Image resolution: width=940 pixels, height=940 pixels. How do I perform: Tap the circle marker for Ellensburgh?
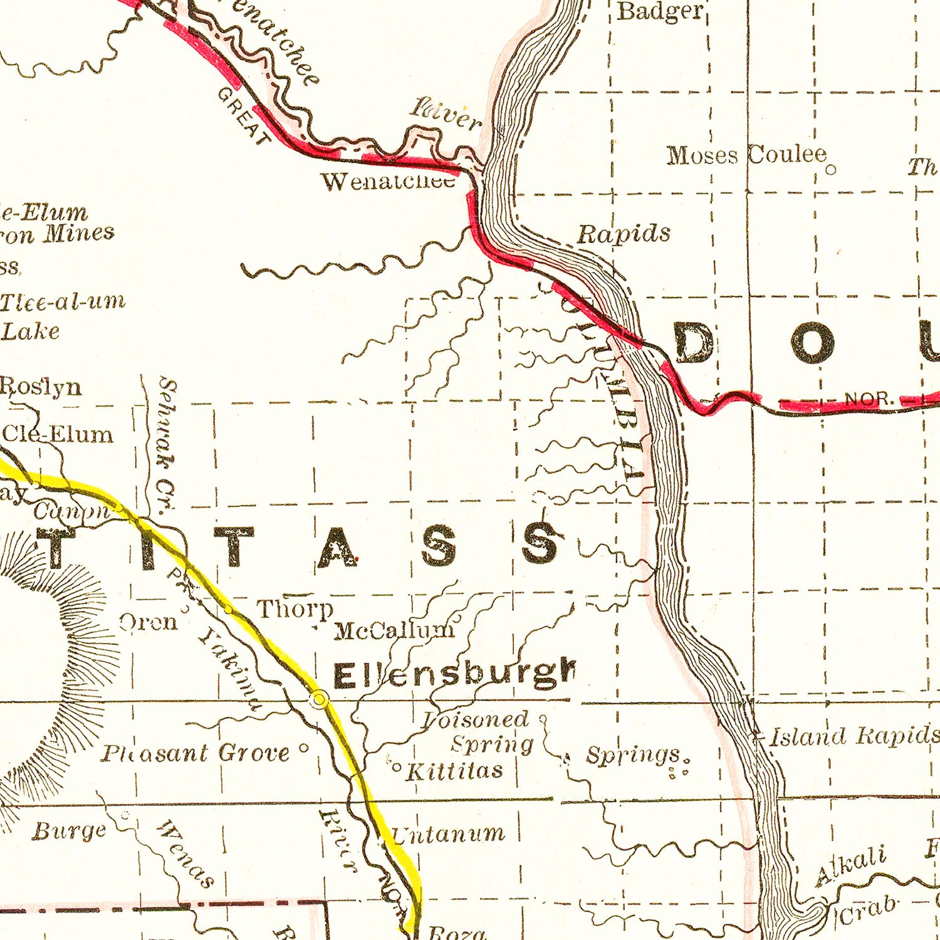pyautogui.click(x=320, y=698)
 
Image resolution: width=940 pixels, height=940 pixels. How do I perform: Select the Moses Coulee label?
pyautogui.click(x=746, y=155)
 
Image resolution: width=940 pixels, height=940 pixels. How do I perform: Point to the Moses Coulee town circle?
pyautogui.click(x=831, y=169)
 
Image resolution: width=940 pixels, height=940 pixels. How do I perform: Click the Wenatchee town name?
pyautogui.click(x=388, y=182)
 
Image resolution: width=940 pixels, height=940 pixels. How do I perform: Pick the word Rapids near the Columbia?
pyautogui.click(x=623, y=234)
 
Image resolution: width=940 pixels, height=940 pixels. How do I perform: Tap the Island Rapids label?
pyautogui.click(x=854, y=736)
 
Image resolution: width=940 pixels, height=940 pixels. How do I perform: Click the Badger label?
pyautogui.click(x=661, y=11)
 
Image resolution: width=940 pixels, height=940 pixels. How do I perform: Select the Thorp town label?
pyautogui.click(x=295, y=608)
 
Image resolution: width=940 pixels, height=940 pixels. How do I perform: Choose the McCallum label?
pyautogui.click(x=394, y=630)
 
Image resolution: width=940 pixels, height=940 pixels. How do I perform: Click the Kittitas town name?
pyautogui.click(x=454, y=770)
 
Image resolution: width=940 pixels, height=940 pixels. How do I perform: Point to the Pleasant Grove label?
pyautogui.click(x=196, y=753)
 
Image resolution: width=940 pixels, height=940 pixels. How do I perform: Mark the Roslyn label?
pyautogui.click(x=41, y=386)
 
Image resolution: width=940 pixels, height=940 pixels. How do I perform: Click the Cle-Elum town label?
pyautogui.click(x=58, y=434)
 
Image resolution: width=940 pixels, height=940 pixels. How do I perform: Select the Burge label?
pyautogui.click(x=69, y=832)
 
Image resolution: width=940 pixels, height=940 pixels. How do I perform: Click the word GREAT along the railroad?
pyautogui.click(x=244, y=116)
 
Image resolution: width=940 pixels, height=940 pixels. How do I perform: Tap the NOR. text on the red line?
pyautogui.click(x=868, y=399)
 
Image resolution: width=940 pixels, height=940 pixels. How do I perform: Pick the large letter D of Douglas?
pyautogui.click(x=694, y=343)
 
